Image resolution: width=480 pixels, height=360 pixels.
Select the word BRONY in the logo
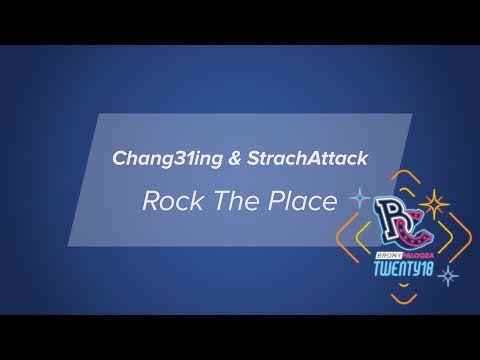(383, 255)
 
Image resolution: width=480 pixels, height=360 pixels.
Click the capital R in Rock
(151, 202)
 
